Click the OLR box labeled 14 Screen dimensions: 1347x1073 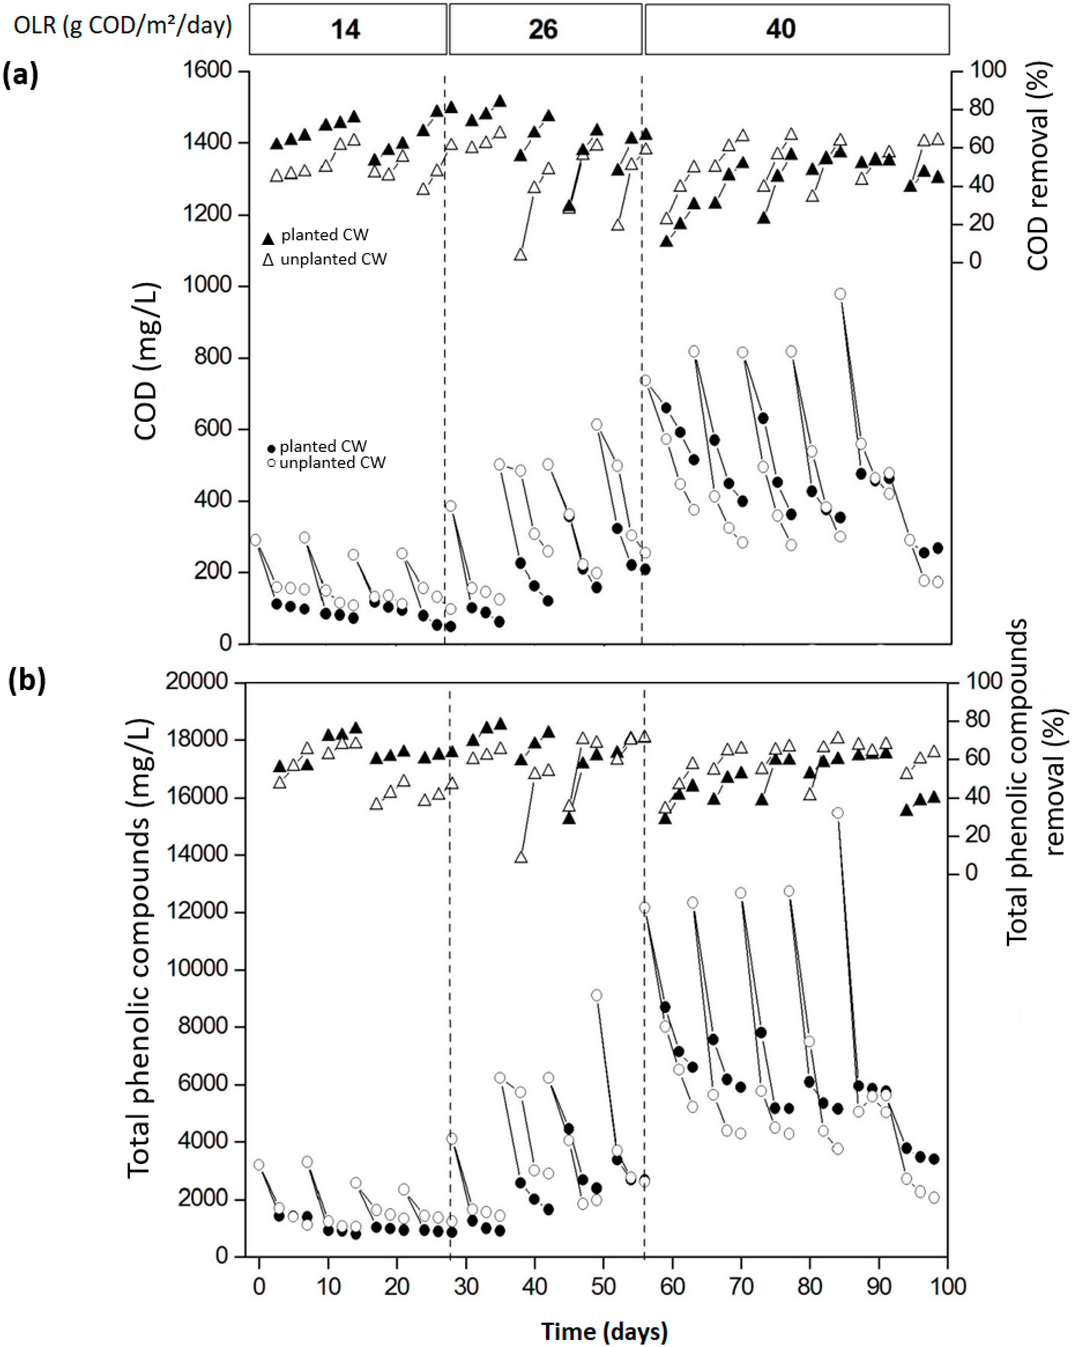[x=347, y=29]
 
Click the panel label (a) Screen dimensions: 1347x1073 [x=21, y=76]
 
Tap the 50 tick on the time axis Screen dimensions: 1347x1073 [x=603, y=1286]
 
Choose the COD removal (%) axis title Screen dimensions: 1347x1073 [x=1039, y=166]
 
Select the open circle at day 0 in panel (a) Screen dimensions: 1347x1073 [x=255, y=540]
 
